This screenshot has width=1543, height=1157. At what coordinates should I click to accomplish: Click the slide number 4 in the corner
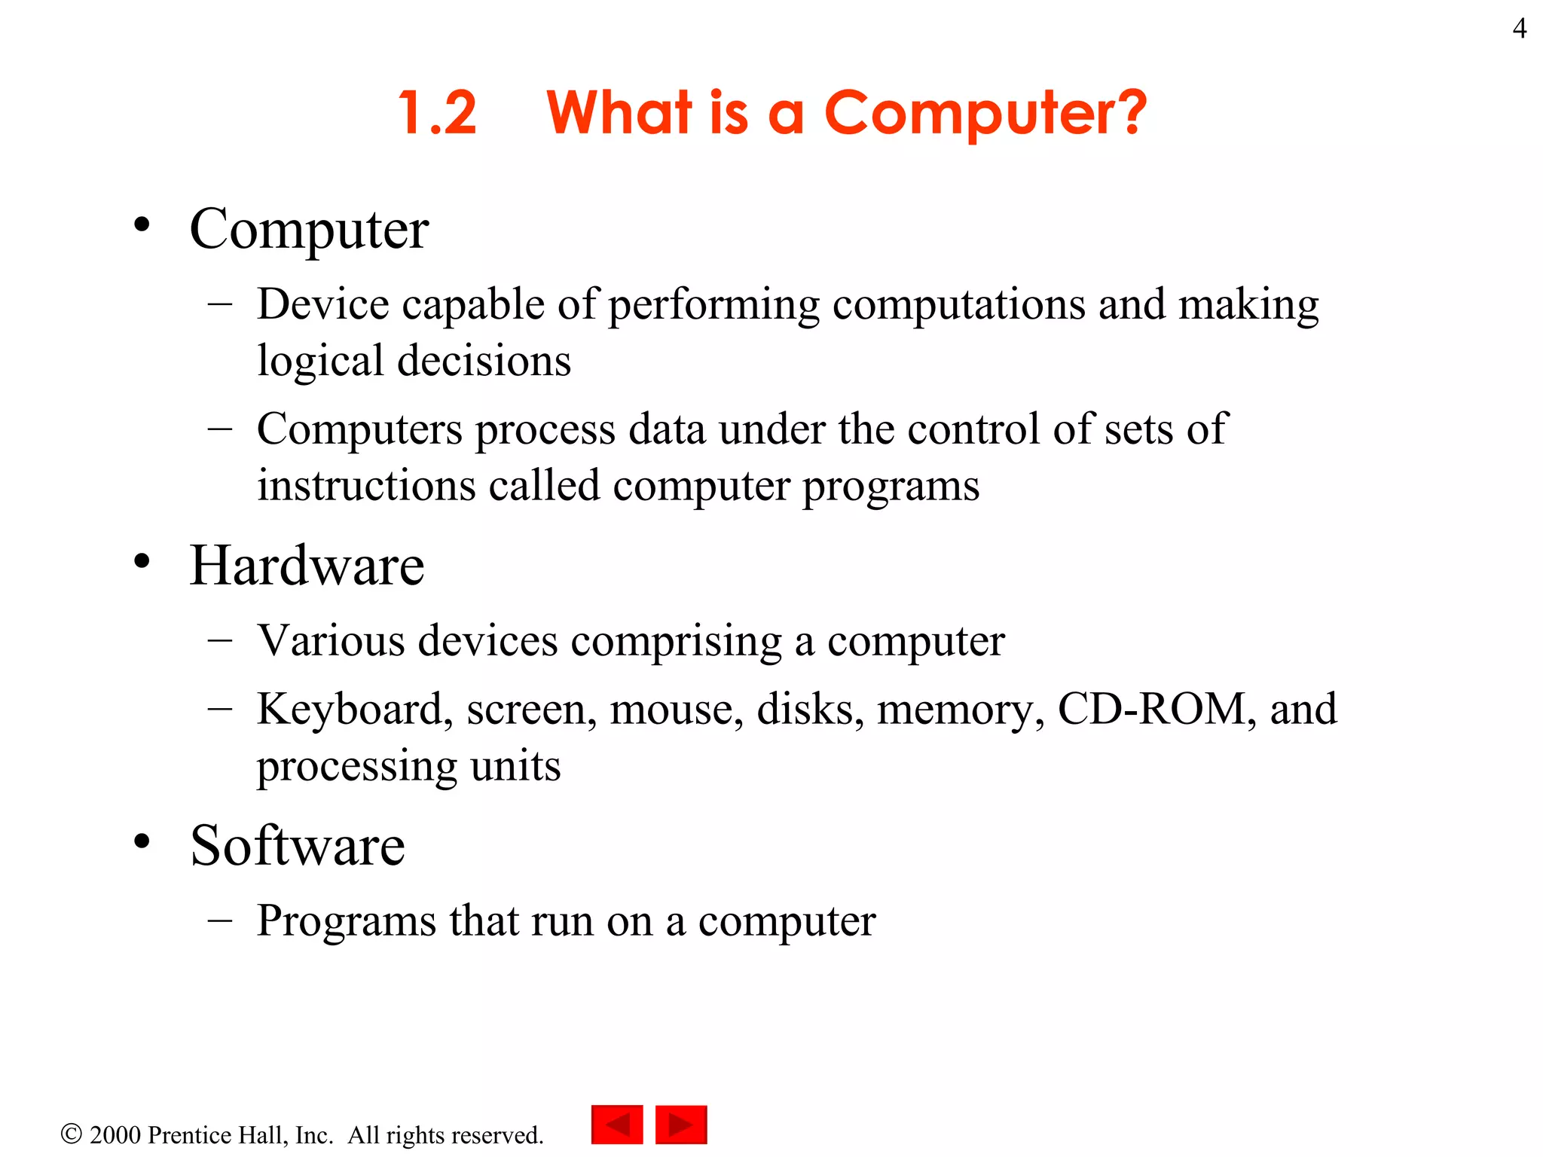coord(1519,29)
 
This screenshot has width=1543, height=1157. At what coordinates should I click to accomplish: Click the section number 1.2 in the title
coord(438,113)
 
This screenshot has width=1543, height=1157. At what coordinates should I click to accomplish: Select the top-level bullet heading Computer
coord(309,230)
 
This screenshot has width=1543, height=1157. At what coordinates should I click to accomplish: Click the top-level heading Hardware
coord(307,566)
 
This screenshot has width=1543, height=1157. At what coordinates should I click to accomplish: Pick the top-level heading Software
coord(297,845)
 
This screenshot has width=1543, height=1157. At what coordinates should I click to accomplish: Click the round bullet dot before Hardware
coord(142,561)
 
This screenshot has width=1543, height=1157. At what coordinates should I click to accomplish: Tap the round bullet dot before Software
coord(142,841)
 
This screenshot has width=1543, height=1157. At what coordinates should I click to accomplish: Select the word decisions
coord(484,361)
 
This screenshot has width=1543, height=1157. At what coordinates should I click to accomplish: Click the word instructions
coord(366,485)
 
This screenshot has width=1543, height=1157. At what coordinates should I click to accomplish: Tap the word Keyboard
coord(355,710)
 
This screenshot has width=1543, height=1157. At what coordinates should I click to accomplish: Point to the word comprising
coord(676,643)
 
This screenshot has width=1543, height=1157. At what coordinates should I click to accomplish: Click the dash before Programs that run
coord(219,920)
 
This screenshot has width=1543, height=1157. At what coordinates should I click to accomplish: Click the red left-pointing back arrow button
coord(617,1125)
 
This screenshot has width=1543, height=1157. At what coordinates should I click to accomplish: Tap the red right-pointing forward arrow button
coord(681,1125)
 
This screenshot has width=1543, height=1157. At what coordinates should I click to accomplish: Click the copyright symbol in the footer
coord(71,1134)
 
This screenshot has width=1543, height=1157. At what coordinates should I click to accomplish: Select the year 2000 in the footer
coord(115,1135)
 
